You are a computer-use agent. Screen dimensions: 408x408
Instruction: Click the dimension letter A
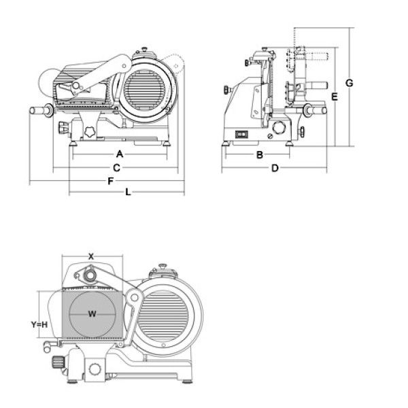pos(118,154)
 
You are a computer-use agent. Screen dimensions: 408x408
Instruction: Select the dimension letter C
pos(117,167)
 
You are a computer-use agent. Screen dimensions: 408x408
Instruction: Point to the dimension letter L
pos(127,192)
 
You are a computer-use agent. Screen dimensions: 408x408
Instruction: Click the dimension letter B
pos(259,155)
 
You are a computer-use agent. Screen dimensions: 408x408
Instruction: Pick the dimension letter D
pos(275,168)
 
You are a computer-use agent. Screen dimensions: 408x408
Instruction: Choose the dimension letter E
pos(335,97)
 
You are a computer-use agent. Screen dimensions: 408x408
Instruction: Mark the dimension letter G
pos(349,83)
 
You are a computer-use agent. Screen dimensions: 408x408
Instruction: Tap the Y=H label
pos(39,324)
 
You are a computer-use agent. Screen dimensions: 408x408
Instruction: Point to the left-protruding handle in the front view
pos(40,110)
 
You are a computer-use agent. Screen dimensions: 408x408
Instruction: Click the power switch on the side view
pos(241,134)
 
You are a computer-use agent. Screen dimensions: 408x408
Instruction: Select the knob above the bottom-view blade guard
pos(163,267)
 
